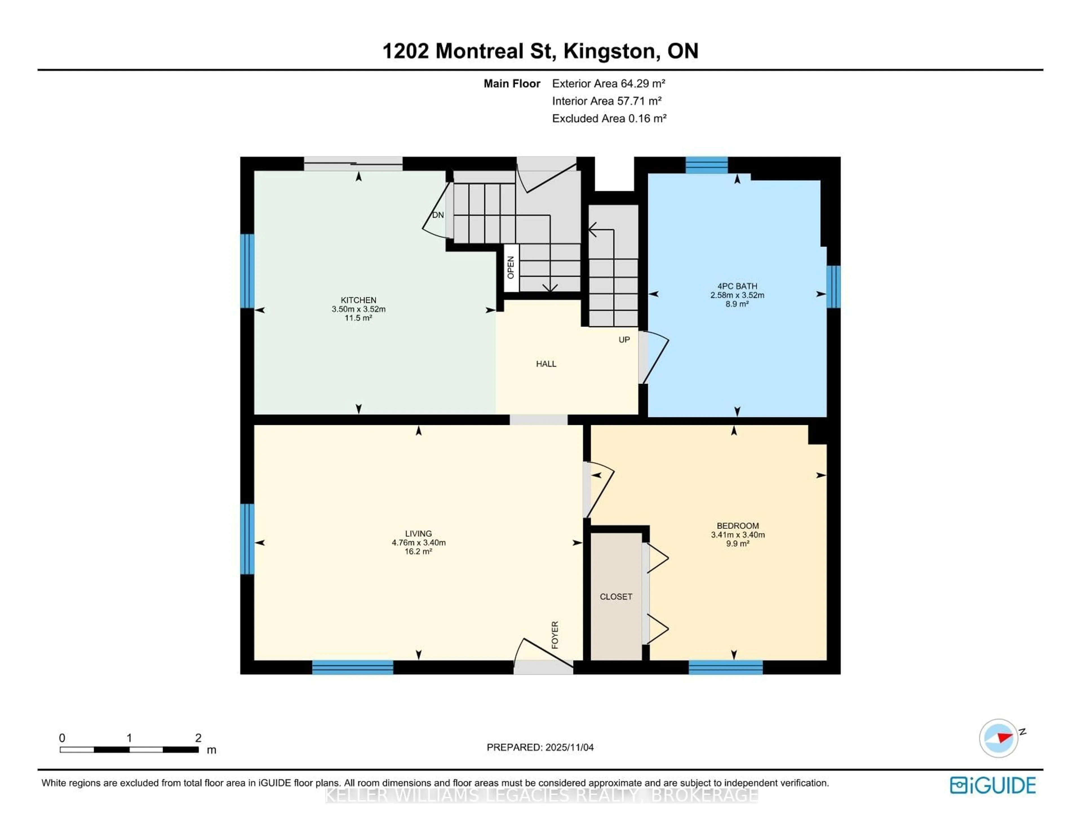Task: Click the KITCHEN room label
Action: [358, 300]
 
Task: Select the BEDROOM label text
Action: [737, 525]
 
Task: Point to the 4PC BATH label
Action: [737, 286]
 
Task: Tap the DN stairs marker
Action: [438, 215]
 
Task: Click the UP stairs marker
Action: [624, 340]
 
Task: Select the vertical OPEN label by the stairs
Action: [511, 268]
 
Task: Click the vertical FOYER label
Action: [555, 635]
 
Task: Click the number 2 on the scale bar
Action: [198, 737]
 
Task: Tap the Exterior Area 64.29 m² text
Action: [608, 83]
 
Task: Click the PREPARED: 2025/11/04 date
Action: [540, 747]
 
